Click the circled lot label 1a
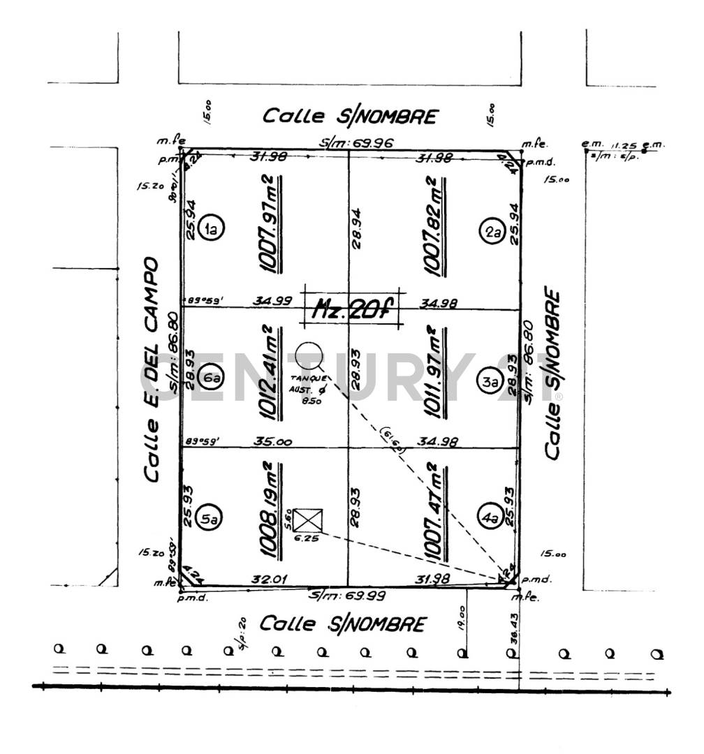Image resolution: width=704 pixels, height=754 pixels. coord(210,228)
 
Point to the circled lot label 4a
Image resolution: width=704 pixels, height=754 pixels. coord(491,518)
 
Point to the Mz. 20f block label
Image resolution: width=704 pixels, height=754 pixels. coord(353,307)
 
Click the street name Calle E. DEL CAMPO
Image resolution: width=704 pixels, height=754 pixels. coord(150,370)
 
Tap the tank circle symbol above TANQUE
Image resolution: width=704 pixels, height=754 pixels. coord(308,355)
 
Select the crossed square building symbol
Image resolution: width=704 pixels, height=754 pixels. coord(307,520)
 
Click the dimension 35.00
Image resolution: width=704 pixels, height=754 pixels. coord(274,442)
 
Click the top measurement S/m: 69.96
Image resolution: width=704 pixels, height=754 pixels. coord(357,143)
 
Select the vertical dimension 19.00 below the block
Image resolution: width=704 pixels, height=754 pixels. coord(462,617)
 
